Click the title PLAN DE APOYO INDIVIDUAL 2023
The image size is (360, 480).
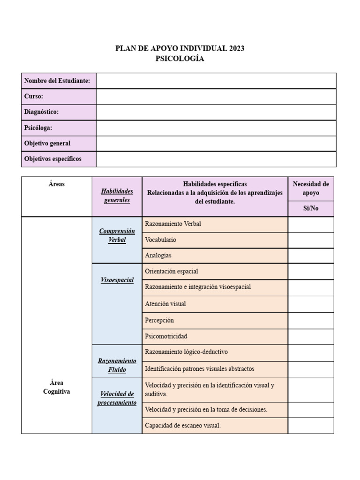180,48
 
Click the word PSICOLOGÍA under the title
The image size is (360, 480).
180,59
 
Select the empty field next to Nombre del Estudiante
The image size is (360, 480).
216,81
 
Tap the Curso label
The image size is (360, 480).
34,96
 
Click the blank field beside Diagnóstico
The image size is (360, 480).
216,112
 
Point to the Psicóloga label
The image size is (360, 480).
38,127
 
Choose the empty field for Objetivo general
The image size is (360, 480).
216,143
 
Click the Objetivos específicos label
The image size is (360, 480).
52,159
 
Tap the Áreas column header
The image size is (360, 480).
57,184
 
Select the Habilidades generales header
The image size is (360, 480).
117,195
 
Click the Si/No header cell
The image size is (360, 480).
311,209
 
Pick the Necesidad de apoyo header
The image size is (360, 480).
311,188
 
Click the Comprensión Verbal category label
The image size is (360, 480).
117,236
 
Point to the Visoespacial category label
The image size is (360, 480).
117,280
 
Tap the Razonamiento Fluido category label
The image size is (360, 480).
117,366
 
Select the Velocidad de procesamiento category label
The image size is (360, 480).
117,398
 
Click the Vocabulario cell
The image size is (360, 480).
161,240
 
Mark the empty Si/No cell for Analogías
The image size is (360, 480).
311,255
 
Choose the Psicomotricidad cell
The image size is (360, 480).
166,337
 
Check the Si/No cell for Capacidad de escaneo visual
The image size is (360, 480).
311,426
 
